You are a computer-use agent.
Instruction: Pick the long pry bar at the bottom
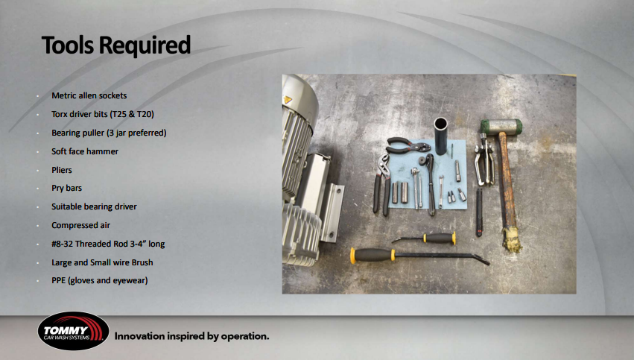point(417,255)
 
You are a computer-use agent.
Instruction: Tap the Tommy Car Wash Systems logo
point(73,332)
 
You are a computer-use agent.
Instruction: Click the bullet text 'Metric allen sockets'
point(89,95)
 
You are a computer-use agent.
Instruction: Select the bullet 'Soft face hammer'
point(85,151)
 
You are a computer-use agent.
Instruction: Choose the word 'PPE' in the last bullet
point(59,280)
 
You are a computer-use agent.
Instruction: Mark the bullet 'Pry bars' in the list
point(66,188)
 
